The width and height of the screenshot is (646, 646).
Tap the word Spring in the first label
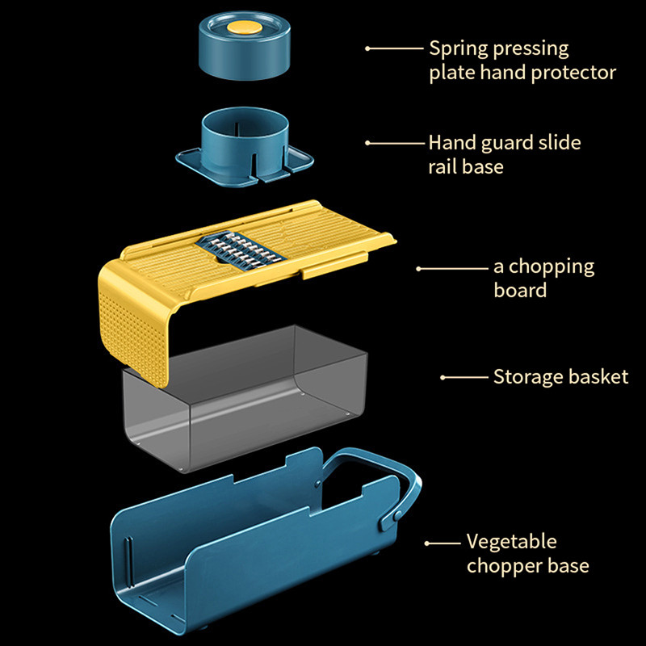(458, 48)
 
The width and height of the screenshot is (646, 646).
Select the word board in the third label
(520, 290)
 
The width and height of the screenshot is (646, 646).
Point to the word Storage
(526, 377)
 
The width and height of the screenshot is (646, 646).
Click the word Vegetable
(511, 542)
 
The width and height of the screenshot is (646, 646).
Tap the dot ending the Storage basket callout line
(443, 377)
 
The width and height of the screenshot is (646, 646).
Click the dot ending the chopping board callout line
(419, 267)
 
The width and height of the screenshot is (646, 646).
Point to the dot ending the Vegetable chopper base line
(428, 543)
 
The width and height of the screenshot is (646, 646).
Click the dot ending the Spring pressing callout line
(368, 48)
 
